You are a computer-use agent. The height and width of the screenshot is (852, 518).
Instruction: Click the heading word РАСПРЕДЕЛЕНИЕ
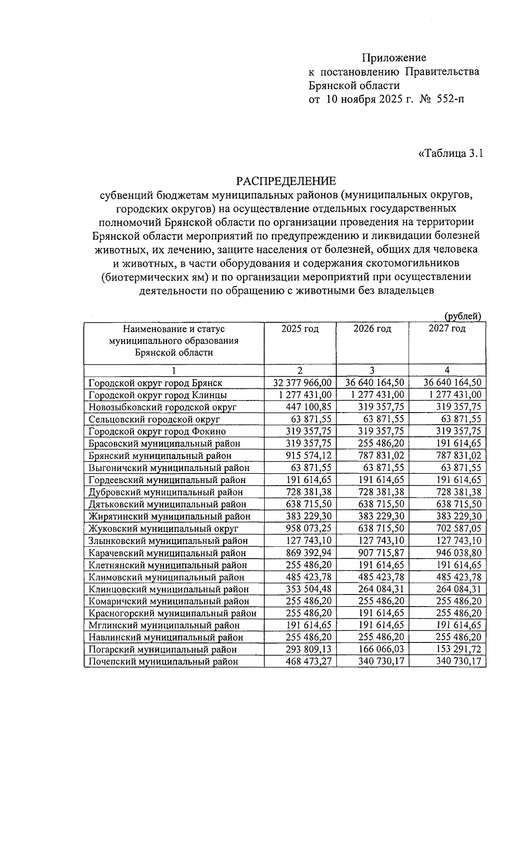tap(286, 180)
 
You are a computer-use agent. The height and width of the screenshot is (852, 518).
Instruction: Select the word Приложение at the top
tap(394, 58)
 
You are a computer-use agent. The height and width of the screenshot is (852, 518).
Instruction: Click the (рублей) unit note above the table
tap(463, 316)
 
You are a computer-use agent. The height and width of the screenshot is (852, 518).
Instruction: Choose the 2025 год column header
tap(300, 329)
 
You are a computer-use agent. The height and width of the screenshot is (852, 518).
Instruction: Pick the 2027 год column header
tap(447, 329)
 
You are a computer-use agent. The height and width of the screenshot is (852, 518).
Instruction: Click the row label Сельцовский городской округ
tap(154, 419)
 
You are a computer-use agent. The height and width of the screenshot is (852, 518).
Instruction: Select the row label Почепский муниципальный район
tap(163, 661)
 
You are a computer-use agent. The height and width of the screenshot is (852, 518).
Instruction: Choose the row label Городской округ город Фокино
tap(157, 431)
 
